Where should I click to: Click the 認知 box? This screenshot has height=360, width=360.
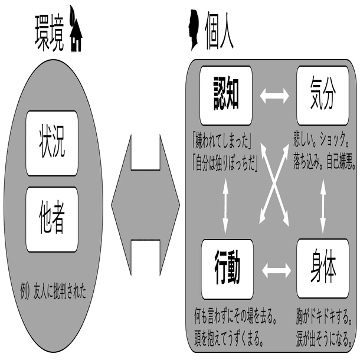tap(226, 94)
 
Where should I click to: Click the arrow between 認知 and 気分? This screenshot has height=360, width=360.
tap(274, 95)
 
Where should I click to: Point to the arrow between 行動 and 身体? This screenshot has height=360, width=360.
tap(274, 271)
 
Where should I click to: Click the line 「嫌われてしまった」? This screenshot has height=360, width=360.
tap(218, 143)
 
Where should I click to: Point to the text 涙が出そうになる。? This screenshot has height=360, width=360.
tap(325, 340)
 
